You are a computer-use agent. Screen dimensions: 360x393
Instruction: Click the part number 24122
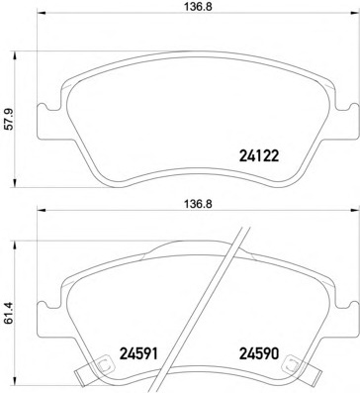[259, 155]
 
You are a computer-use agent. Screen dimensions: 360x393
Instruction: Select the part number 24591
[138, 354]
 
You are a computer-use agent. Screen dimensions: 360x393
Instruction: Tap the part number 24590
[259, 354]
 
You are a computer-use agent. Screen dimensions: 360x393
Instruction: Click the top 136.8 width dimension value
[198, 8]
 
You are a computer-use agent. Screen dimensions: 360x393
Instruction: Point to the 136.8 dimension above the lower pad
[198, 204]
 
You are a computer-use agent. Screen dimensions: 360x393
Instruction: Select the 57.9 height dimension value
[8, 119]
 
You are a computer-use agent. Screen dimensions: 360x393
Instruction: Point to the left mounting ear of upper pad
[47, 121]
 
